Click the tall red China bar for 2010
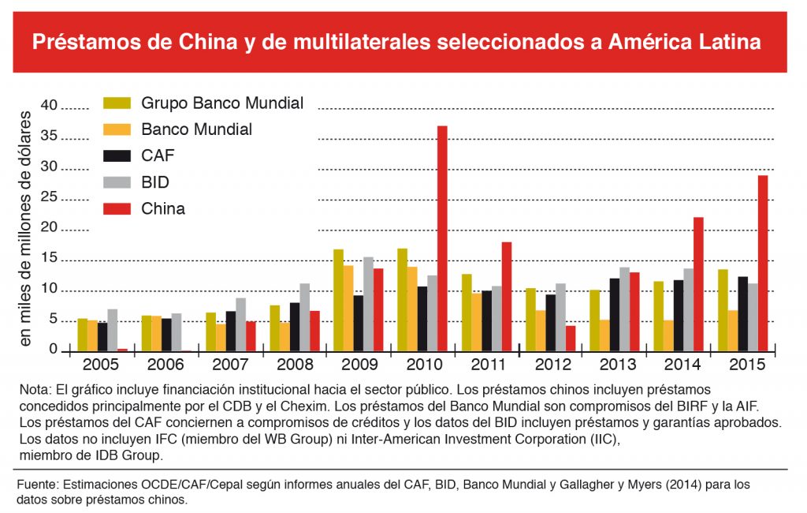442,237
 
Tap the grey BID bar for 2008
304,316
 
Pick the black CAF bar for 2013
615,313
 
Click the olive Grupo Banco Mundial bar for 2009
338,299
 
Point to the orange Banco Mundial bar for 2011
476,320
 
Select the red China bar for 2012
571,337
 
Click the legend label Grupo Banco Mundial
222,103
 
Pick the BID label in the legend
155,182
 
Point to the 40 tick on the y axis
50,106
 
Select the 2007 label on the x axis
229,365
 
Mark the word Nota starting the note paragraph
35,389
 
